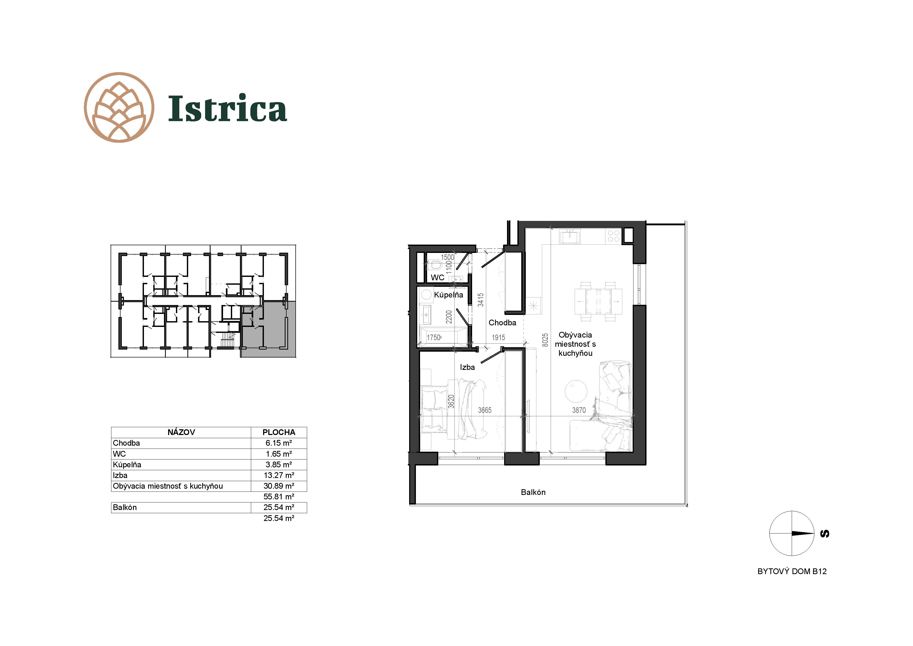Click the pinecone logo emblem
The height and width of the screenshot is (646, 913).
pyautogui.click(x=119, y=108)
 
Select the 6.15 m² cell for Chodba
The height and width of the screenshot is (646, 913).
pyautogui.click(x=279, y=443)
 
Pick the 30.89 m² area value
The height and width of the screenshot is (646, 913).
pyautogui.click(x=279, y=486)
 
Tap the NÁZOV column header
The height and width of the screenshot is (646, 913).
pyautogui.click(x=181, y=432)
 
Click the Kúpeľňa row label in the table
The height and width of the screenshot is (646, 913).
pyautogui.click(x=127, y=464)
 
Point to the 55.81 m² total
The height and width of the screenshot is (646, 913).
pyautogui.click(x=279, y=497)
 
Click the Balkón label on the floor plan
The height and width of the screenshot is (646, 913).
pyautogui.click(x=533, y=492)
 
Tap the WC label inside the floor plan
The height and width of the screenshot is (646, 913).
pyautogui.click(x=438, y=277)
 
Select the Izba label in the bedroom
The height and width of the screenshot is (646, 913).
pyautogui.click(x=467, y=367)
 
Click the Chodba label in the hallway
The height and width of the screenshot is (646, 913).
pyautogui.click(x=502, y=323)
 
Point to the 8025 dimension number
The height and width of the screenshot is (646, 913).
pyautogui.click(x=545, y=340)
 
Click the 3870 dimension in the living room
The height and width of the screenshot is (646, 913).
pyautogui.click(x=579, y=410)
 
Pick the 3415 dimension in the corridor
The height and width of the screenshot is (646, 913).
pyautogui.click(x=481, y=300)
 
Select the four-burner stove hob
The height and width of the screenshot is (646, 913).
pyautogui.click(x=614, y=236)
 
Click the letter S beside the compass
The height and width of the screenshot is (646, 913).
pyautogui.click(x=825, y=534)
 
